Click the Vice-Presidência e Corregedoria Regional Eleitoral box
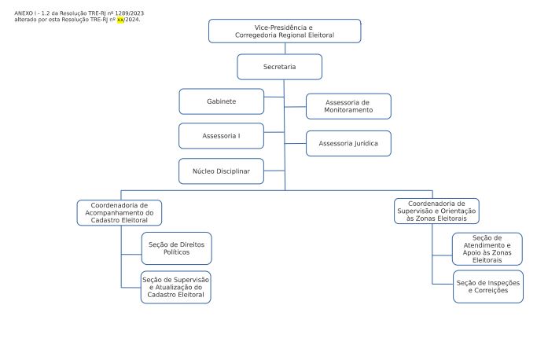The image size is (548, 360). [x=285, y=31]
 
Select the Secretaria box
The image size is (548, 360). [x=280, y=67]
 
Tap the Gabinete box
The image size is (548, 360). [x=221, y=101]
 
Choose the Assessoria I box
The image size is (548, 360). [x=221, y=136]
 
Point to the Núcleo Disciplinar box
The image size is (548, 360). [x=221, y=171]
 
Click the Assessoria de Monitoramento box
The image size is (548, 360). [x=348, y=106]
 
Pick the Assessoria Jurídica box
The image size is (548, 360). [x=348, y=143]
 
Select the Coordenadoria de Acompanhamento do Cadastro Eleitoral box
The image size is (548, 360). [x=120, y=212]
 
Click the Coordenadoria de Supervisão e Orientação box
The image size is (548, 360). [x=436, y=211]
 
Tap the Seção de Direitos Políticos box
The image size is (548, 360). [x=176, y=248]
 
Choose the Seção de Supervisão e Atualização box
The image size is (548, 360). [x=176, y=288]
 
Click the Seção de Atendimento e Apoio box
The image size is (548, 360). [x=487, y=249]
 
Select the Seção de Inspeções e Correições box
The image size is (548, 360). [x=488, y=287]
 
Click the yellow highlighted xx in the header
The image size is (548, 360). [x=120, y=20]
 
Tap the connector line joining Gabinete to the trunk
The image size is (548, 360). [x=274, y=97]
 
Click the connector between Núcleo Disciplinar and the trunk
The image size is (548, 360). [x=274, y=171]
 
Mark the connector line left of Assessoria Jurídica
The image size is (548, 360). [x=296, y=143]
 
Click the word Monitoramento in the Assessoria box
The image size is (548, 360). [x=348, y=110]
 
